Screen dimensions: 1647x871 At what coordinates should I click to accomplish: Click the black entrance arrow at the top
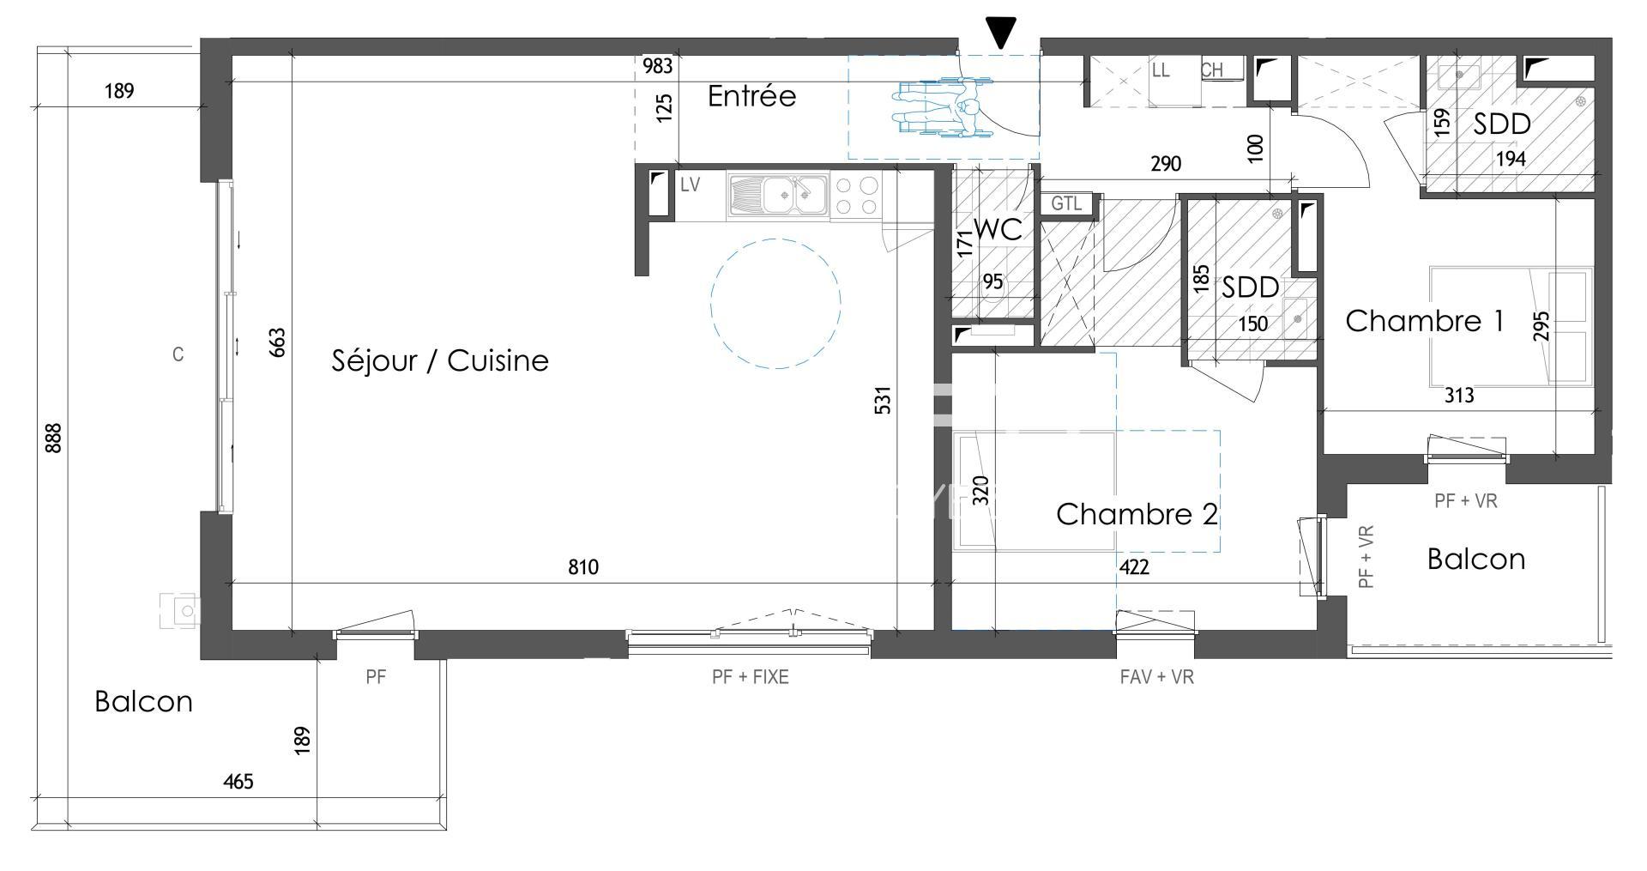pos(1000,32)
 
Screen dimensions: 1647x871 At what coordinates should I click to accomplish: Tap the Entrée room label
pos(751,96)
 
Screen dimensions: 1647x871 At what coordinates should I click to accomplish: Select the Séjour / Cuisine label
pos(440,360)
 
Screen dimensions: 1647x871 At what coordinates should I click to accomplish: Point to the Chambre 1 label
pos(1424,321)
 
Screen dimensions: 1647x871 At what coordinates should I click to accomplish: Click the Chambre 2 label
pos(1137,514)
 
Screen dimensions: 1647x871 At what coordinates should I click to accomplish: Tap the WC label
pos(998,229)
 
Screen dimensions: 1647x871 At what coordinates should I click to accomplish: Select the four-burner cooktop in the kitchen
pos(855,196)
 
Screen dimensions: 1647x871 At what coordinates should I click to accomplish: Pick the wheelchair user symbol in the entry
pos(942,106)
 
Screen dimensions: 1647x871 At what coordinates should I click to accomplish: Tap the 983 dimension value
pos(658,66)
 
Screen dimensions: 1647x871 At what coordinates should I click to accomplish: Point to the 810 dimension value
pos(583,567)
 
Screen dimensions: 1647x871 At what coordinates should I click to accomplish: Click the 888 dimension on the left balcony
pos(53,438)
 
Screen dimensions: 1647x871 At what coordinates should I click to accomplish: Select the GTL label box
pos(1066,204)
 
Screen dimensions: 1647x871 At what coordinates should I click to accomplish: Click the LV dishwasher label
pos(691,184)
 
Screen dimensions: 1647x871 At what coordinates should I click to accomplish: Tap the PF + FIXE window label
pos(751,677)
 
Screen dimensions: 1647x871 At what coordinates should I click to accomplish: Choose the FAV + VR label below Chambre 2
pos(1156,677)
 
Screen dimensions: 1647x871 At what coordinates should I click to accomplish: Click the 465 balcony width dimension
pos(238,782)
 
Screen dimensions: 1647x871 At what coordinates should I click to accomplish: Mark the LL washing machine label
pos(1161,70)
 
